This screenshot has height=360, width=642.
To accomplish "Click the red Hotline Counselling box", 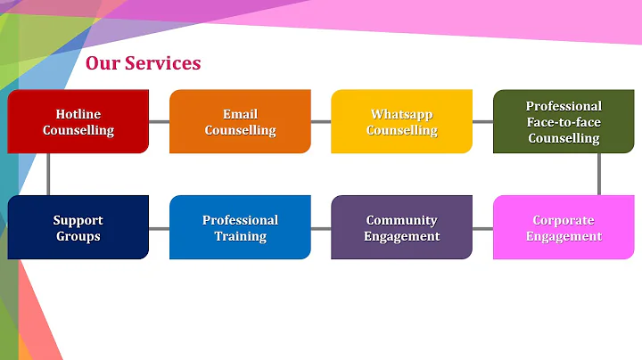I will click(x=78, y=122).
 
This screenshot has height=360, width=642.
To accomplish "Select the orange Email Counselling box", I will click(x=240, y=122).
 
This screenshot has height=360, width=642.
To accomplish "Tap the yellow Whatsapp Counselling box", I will click(x=401, y=122).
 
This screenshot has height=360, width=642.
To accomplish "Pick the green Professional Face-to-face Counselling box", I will click(x=564, y=122).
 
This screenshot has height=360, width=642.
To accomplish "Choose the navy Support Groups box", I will click(x=78, y=228).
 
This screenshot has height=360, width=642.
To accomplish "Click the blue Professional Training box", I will click(x=240, y=228).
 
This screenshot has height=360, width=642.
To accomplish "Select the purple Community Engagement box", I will click(x=401, y=228).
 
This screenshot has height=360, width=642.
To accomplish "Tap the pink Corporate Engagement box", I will click(x=564, y=228).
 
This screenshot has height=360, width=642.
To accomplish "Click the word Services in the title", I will click(x=162, y=63).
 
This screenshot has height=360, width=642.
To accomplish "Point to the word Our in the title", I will click(x=102, y=63).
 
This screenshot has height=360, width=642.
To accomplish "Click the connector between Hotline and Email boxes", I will click(x=159, y=122).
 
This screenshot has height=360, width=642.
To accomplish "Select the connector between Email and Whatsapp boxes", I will click(x=321, y=122).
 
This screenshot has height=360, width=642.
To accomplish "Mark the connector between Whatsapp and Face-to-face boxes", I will click(x=482, y=122).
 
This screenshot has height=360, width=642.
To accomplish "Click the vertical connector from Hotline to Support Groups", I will click(x=49, y=175).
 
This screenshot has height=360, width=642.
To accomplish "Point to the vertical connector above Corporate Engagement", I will click(x=599, y=175).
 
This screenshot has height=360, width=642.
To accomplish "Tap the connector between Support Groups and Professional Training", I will click(x=159, y=229).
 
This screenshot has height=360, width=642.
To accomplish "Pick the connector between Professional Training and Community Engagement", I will click(x=321, y=229).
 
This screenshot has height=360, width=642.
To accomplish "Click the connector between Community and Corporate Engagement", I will click(x=482, y=229).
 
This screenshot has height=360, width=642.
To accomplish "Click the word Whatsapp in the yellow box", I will click(x=401, y=114).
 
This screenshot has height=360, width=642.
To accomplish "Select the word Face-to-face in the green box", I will click(x=564, y=122).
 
